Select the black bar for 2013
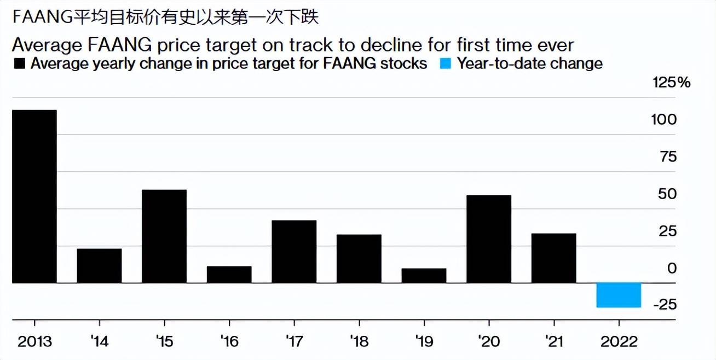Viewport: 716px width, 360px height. point(34,196)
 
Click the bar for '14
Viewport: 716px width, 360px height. point(99,266)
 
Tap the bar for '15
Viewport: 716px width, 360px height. point(164,236)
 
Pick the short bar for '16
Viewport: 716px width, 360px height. point(229,275)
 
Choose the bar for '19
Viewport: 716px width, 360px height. point(424,276)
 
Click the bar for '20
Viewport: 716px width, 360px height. point(489,239)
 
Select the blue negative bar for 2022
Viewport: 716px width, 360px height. point(619,295)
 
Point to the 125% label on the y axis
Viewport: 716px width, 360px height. point(672,83)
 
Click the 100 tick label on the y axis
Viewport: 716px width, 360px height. point(665,120)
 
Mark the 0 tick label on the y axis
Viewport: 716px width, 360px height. point(672,268)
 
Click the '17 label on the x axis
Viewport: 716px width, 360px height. point(294,342)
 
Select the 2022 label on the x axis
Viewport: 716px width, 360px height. point(619,342)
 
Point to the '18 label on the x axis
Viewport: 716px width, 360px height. point(359,342)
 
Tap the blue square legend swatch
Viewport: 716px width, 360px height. point(446,64)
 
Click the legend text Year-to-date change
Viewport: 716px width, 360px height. point(530,63)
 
